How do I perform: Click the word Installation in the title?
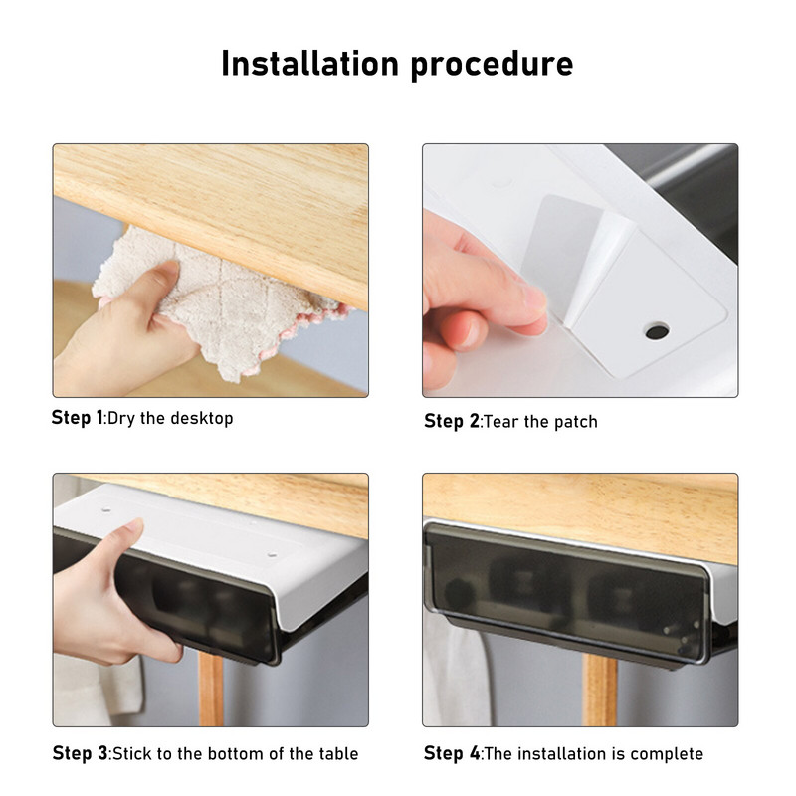pos(309,64)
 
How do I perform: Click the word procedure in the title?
pos(492,66)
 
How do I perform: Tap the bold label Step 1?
pos(77,418)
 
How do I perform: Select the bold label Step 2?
pos(452,421)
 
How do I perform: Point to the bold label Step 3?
pos(80,753)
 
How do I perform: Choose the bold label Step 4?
pos(452,753)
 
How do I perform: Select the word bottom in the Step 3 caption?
pos(236,754)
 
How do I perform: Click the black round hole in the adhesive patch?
pos(657,332)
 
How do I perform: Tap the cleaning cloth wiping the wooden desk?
pos(218,299)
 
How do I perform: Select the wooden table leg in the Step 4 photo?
pos(599,689)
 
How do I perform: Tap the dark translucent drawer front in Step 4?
pos(566,591)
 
